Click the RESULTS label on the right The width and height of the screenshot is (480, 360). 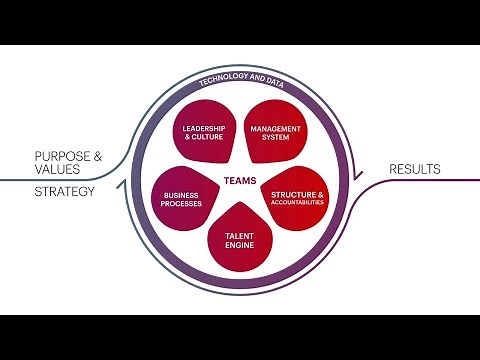(x=414, y=169)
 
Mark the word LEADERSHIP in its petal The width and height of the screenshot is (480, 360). (x=204, y=128)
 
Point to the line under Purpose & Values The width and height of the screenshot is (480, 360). (x=60, y=180)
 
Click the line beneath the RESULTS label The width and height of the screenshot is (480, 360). (x=420, y=180)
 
